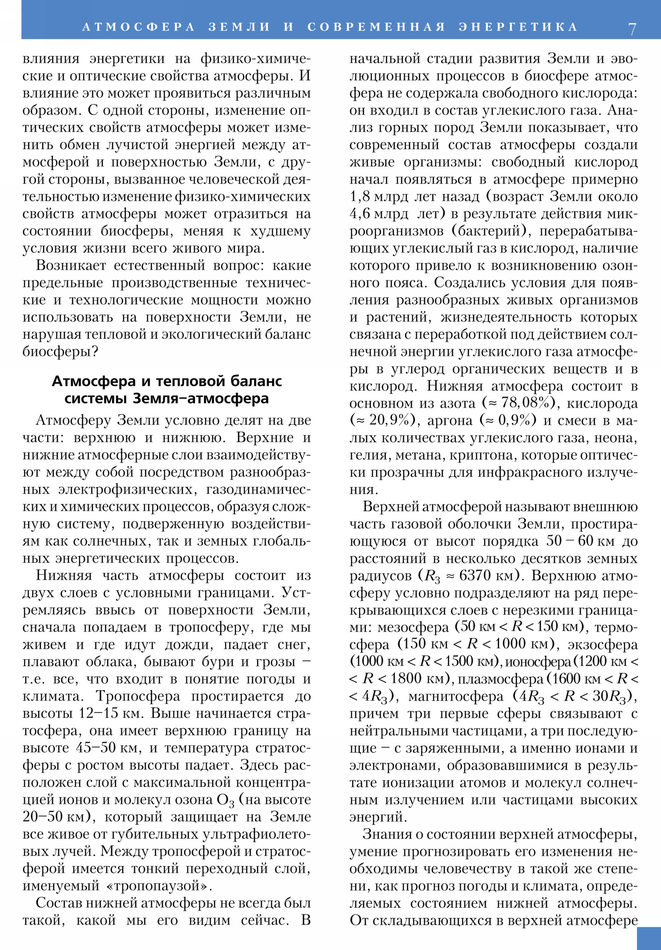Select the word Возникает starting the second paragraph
coord(71,266)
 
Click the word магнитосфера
coord(456,696)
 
